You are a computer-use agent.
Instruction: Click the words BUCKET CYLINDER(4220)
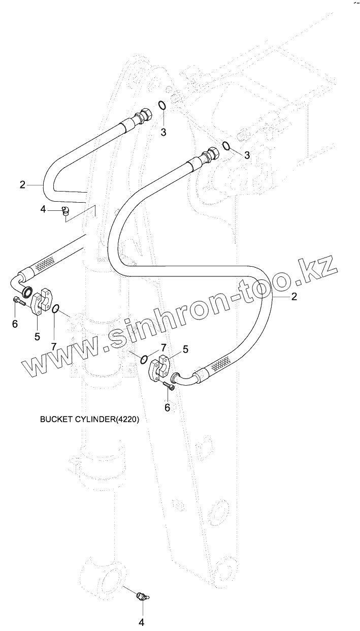point(89,420)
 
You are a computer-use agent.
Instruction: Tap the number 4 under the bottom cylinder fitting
point(142,622)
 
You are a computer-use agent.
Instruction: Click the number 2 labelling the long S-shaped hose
point(293,298)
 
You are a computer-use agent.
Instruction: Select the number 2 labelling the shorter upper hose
point(22,185)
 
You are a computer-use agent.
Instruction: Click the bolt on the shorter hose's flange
point(19,301)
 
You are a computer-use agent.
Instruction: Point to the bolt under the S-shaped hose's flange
point(169,387)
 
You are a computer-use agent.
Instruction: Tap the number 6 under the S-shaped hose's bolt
point(167,407)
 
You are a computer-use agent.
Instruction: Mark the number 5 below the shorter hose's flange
point(37,336)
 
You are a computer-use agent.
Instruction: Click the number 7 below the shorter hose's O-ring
point(54,346)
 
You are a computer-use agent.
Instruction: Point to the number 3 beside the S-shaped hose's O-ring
point(247,155)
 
